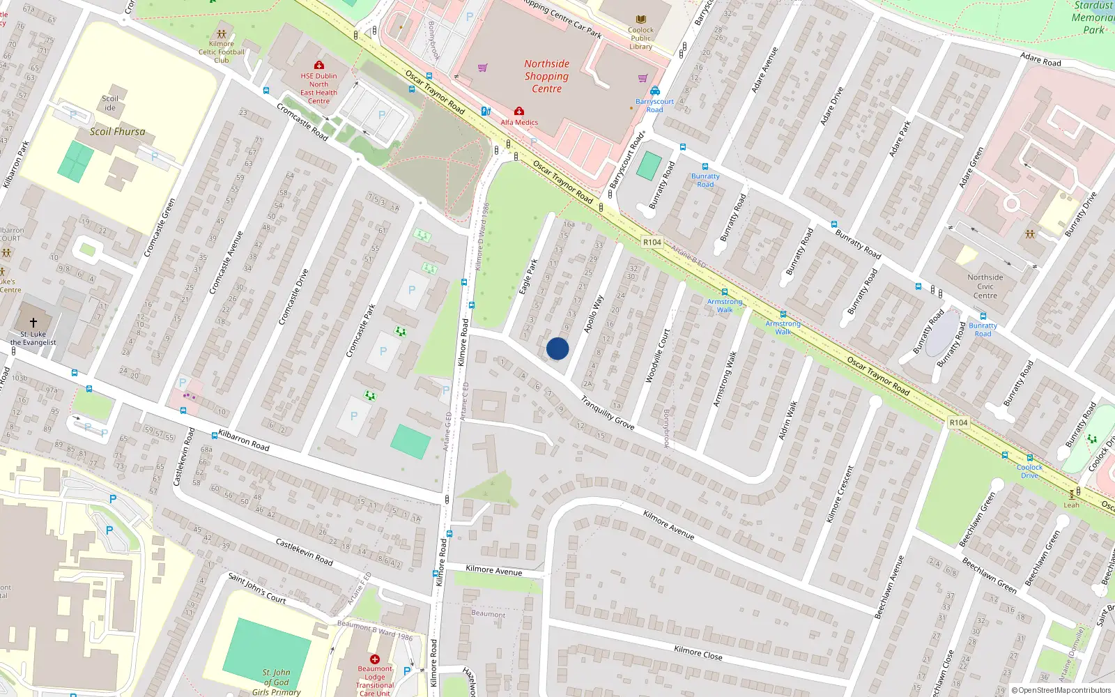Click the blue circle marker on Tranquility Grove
pos(557,348)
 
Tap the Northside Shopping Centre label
pos(546,76)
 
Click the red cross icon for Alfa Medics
pos(519,112)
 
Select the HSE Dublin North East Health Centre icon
pos(319,66)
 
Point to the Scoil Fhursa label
pos(117,131)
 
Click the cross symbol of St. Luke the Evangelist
pos(33,323)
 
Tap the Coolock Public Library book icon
pos(641,20)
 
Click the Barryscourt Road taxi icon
pos(655,91)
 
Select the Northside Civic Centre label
pos(985,286)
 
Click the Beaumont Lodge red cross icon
pos(375,659)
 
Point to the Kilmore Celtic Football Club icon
pos(222,34)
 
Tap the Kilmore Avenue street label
pos(493,570)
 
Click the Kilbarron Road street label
pos(244,440)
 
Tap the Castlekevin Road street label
pos(304,551)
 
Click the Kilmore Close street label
pos(698,652)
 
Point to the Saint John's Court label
pos(257,588)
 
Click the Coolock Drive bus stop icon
pos(1030,458)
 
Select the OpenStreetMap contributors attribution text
pos(1061,690)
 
